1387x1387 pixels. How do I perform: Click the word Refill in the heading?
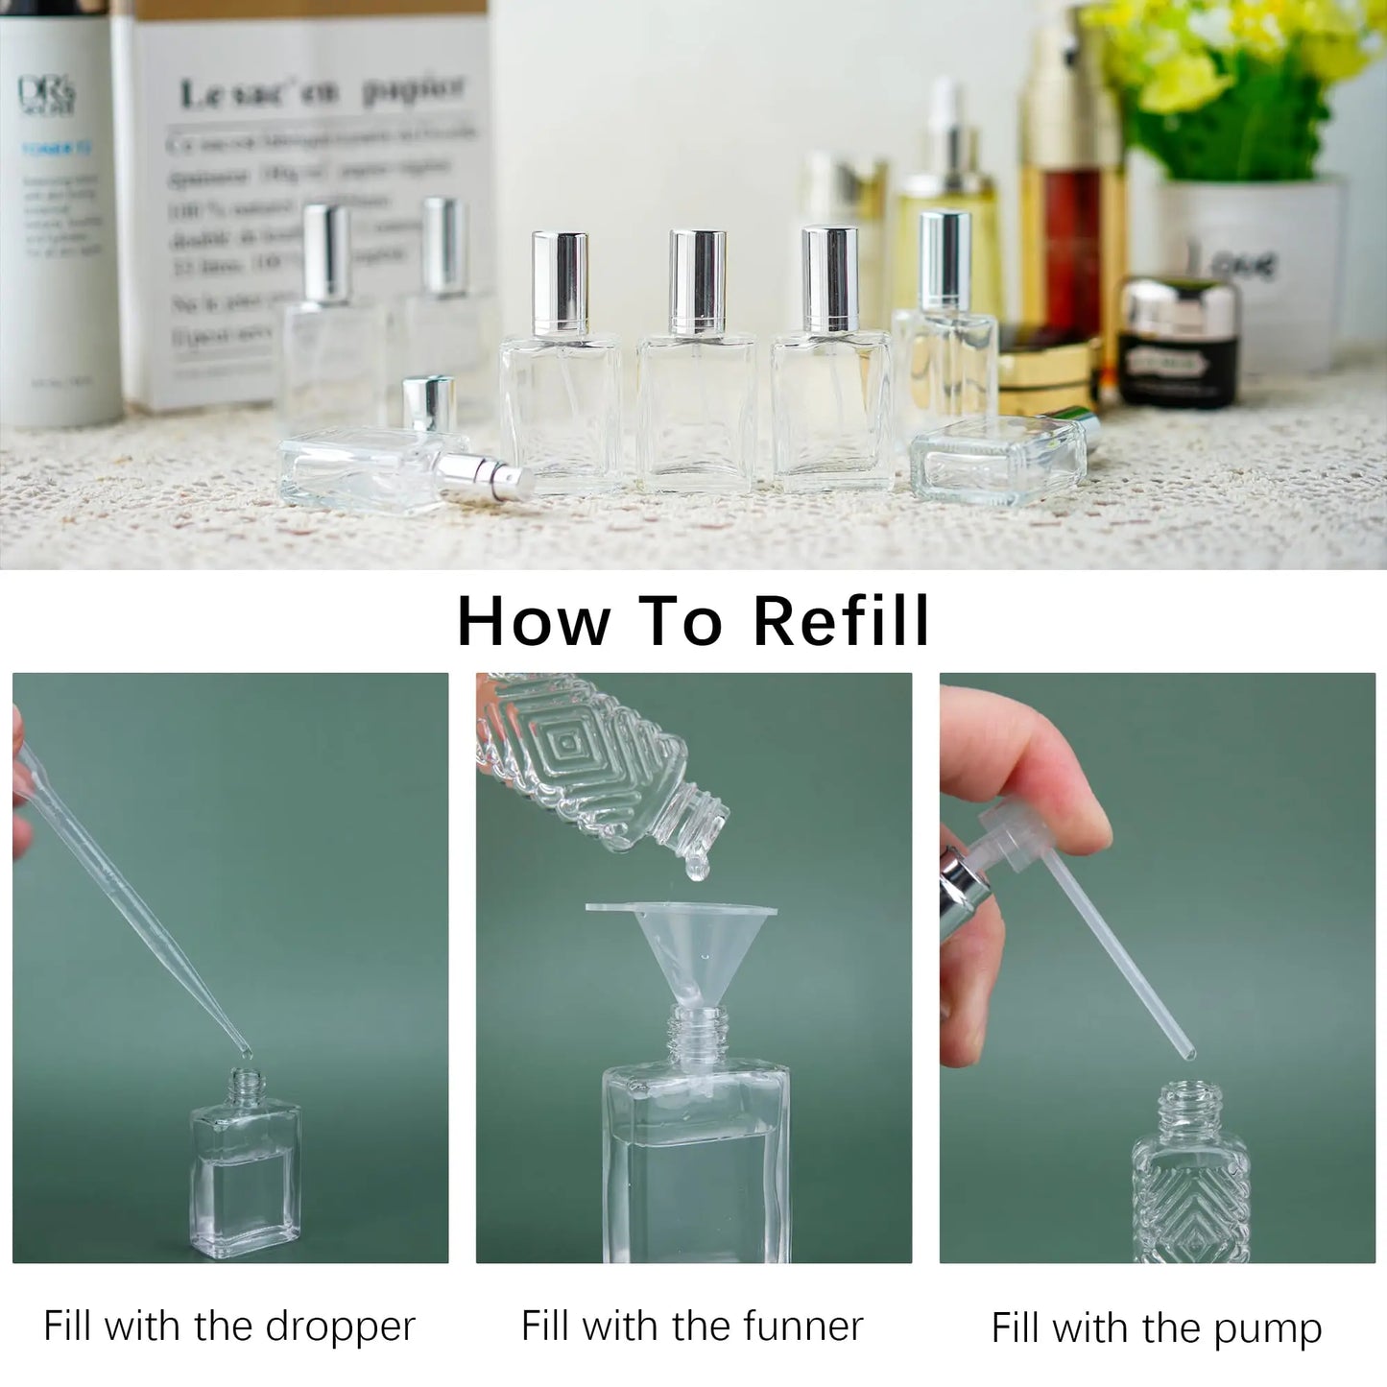pos(841,621)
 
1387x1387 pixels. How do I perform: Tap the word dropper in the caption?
pos(340,1327)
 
